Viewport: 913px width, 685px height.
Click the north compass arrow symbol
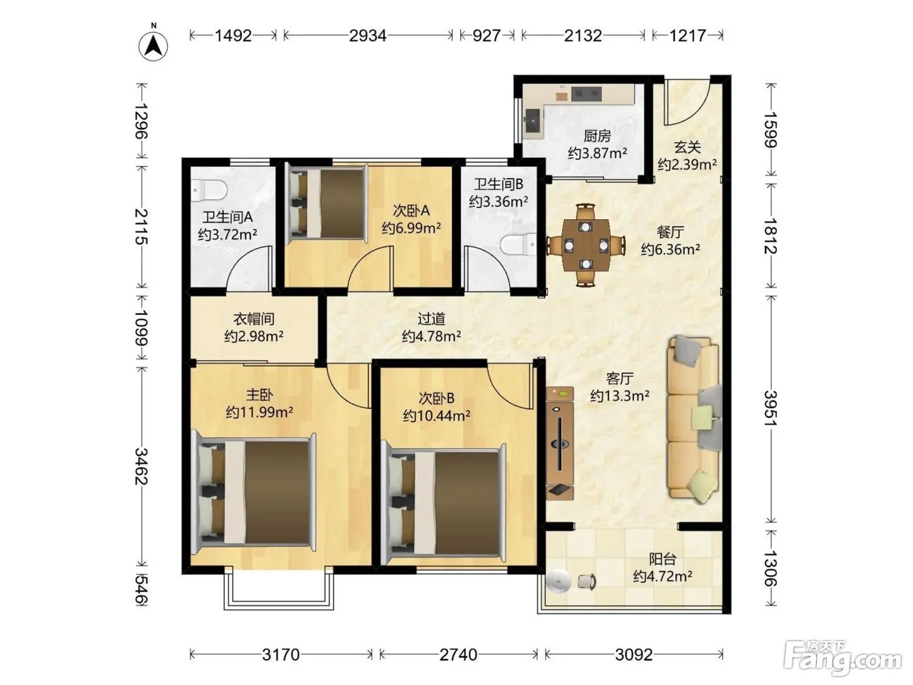pyautogui.click(x=153, y=45)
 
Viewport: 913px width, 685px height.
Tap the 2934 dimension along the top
pyautogui.click(x=368, y=36)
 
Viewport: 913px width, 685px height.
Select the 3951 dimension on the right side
pyautogui.click(x=771, y=408)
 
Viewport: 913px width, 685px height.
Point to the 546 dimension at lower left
pyautogui.click(x=142, y=590)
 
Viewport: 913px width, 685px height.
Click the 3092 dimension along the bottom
pyautogui.click(x=634, y=654)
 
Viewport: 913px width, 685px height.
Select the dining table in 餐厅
pyautogui.click(x=586, y=245)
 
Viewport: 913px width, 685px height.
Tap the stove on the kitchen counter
pyautogui.click(x=586, y=94)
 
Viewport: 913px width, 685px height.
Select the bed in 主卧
pyautogui.click(x=254, y=492)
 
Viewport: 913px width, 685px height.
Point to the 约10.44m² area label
pyautogui.click(x=436, y=416)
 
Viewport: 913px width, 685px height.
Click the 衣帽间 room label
pyautogui.click(x=254, y=319)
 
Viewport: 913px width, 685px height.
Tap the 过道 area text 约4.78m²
pyautogui.click(x=431, y=335)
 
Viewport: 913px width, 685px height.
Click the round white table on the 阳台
pyautogui.click(x=559, y=581)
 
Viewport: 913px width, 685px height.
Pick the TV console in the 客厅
pyautogui.click(x=560, y=444)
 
